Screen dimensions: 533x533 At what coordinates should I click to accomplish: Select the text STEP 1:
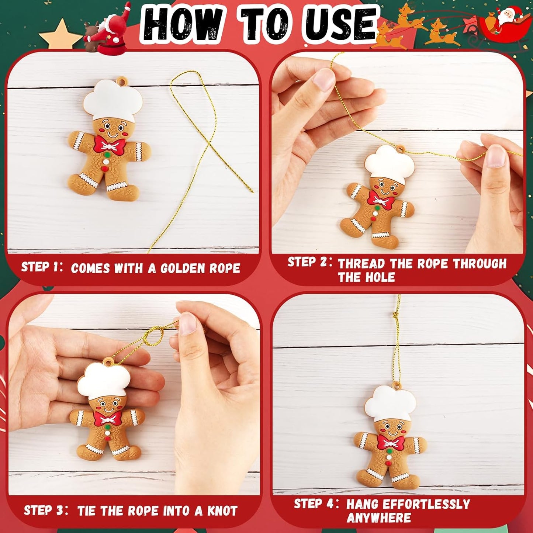42,267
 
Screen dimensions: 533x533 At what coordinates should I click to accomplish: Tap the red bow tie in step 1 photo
110,145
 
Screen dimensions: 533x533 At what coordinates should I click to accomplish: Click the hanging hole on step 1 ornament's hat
121,80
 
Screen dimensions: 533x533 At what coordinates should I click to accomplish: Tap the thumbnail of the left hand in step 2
324,80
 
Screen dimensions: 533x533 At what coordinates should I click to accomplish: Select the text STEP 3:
45,510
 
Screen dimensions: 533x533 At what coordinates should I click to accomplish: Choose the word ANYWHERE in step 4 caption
378,518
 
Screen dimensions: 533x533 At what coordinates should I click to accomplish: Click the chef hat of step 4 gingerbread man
391,403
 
